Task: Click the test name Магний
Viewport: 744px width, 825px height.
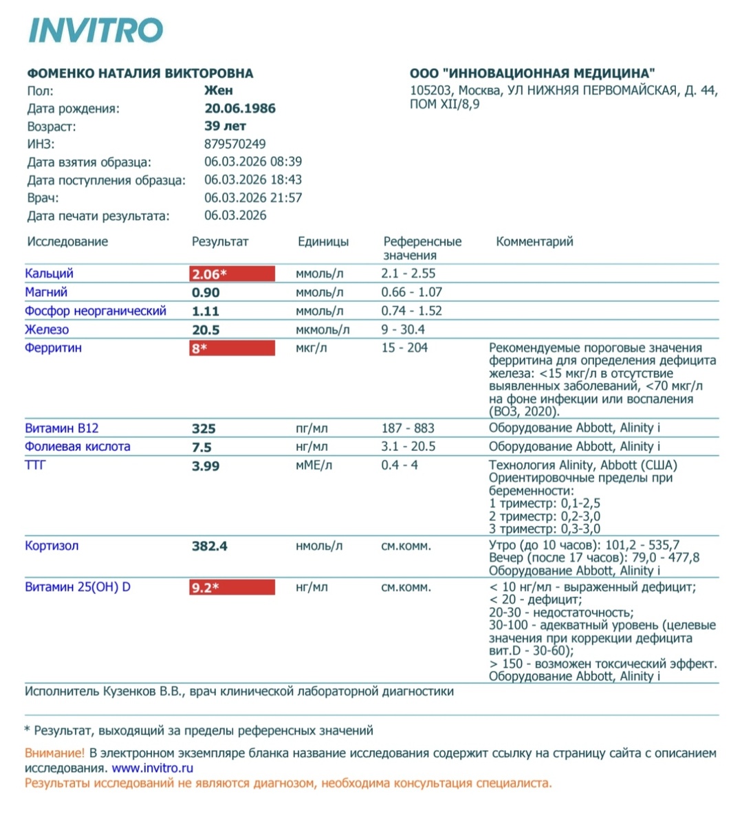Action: (x=46, y=292)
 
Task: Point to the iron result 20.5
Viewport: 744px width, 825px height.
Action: (x=206, y=330)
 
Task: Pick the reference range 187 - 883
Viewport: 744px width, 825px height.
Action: (x=408, y=428)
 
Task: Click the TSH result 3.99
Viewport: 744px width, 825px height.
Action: (x=206, y=466)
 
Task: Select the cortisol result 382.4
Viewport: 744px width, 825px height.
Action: (x=209, y=547)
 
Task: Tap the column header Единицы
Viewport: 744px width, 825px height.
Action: (x=322, y=242)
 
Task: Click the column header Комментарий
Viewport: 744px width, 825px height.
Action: (x=534, y=242)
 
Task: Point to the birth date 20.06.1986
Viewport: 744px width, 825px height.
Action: (x=240, y=109)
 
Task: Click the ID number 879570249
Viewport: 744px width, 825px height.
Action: (x=235, y=144)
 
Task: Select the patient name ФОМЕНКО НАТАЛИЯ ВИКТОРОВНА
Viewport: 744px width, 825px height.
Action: (x=140, y=74)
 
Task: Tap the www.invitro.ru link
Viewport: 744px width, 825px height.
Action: (x=152, y=768)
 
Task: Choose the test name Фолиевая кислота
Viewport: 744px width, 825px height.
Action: (x=78, y=447)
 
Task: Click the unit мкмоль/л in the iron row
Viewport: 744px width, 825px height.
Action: (x=322, y=330)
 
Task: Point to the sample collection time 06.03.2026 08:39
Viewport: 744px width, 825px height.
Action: (x=253, y=162)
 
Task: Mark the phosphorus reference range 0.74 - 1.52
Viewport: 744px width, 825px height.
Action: (x=411, y=311)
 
